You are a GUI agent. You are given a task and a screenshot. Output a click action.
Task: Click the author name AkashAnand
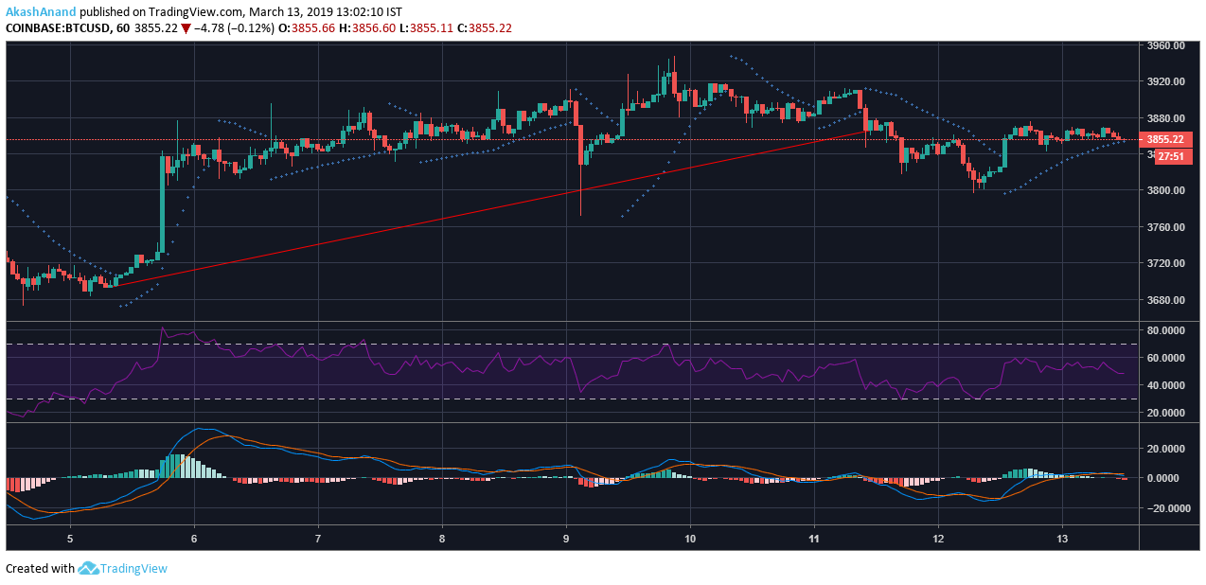click(x=41, y=12)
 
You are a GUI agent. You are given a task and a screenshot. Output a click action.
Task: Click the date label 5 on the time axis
click(x=70, y=539)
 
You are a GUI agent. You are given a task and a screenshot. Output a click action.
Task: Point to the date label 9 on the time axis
click(x=566, y=539)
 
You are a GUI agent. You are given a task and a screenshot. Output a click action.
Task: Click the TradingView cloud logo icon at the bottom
click(x=88, y=568)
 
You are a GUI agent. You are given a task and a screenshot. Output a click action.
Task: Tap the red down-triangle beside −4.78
click(x=186, y=28)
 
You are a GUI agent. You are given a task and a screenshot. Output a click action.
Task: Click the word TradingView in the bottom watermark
click(x=134, y=568)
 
